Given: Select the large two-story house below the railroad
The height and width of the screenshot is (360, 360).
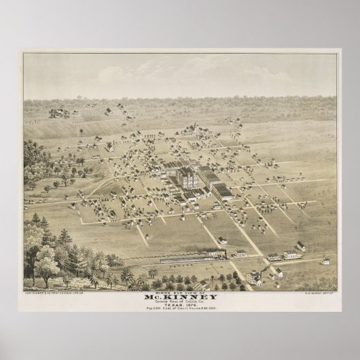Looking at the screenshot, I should point(252,277).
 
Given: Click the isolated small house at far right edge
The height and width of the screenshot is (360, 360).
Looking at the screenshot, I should point(325,261).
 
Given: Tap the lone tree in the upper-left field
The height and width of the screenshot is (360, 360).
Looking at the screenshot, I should point(82,130).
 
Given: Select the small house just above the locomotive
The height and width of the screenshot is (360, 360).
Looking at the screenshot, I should point(222,240).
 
